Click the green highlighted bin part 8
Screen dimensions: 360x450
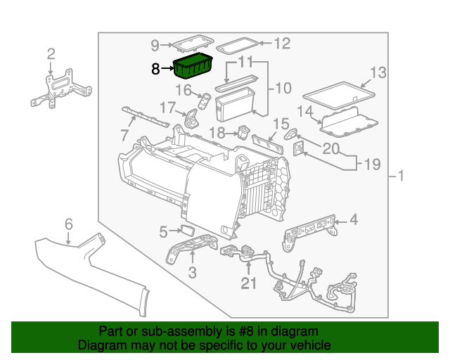[193, 67]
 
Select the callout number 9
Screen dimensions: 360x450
[155, 46]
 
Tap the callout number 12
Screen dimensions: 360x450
[281, 44]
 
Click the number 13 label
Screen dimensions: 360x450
[378, 72]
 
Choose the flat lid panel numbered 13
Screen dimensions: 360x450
[337, 91]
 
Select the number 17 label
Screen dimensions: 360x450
[166, 108]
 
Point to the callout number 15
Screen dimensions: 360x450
[281, 124]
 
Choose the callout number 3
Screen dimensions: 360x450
[192, 271]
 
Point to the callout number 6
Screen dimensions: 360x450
[68, 224]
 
